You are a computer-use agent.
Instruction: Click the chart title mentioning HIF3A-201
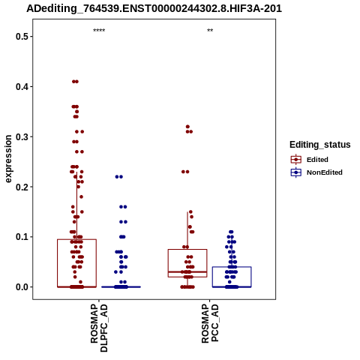pyautogui.click(x=154, y=9)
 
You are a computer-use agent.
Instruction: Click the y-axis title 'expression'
pyautogui.click(x=8, y=159)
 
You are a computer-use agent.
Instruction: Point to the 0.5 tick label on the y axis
pyautogui.click(x=21, y=37)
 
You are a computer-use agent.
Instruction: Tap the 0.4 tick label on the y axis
pyautogui.click(x=21, y=87)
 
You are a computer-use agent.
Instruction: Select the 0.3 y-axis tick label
pyautogui.click(x=21, y=136)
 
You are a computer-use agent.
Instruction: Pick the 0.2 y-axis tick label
pyautogui.click(x=21, y=187)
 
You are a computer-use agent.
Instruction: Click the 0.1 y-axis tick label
pyautogui.click(x=21, y=237)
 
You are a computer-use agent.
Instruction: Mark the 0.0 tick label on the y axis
pyautogui.click(x=21, y=287)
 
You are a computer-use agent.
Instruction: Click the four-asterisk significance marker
pyautogui.click(x=99, y=31)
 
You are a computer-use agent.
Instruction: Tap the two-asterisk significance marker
pyautogui.click(x=210, y=31)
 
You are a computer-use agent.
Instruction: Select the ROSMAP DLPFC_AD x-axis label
pyautogui.click(x=99, y=328)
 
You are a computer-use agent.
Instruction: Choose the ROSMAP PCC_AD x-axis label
pyautogui.click(x=210, y=323)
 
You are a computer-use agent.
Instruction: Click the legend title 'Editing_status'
pyautogui.click(x=320, y=145)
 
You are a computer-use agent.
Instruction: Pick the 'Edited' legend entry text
pyautogui.click(x=317, y=160)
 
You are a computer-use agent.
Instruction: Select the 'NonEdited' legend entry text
pyautogui.click(x=325, y=172)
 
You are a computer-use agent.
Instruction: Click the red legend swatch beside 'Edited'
pyautogui.click(x=296, y=160)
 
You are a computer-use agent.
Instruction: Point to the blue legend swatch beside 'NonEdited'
pyautogui.click(x=296, y=172)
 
